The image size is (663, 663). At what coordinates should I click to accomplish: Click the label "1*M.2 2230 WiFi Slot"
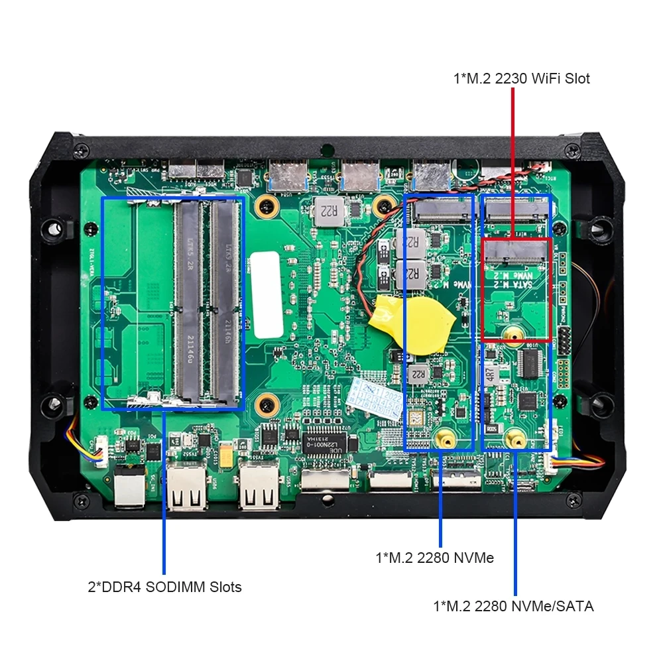click(x=521, y=78)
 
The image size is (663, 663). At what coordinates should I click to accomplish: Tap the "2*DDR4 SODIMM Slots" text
click(x=164, y=587)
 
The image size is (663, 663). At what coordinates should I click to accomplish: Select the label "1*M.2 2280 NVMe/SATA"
click(x=513, y=606)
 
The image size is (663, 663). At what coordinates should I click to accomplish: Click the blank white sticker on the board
click(x=266, y=294)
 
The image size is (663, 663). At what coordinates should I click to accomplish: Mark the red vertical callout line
click(x=512, y=159)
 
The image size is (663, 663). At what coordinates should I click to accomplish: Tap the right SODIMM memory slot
click(x=225, y=302)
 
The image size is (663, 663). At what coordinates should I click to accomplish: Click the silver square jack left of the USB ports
click(x=129, y=488)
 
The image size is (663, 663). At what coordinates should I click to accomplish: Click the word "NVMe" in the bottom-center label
click(x=475, y=558)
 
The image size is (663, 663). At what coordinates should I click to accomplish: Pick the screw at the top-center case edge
click(x=326, y=150)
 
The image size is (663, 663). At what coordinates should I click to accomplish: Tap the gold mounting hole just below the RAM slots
click(x=268, y=402)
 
